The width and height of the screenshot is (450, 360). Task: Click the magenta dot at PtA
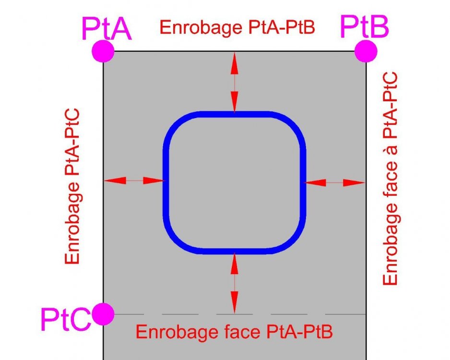click(103, 51)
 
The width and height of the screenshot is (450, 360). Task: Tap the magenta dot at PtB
click(366, 51)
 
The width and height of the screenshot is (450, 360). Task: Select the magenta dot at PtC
click(103, 314)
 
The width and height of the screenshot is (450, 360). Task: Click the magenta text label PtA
click(107, 29)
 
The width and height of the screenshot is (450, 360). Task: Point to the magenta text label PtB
click(364, 27)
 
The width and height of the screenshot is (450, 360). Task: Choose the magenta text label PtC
click(66, 319)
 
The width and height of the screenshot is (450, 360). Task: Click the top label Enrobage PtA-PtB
click(237, 27)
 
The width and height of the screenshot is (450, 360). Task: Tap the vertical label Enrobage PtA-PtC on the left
click(72, 186)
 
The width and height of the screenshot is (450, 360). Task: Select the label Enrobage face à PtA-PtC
click(391, 179)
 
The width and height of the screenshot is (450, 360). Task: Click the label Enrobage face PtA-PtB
click(234, 332)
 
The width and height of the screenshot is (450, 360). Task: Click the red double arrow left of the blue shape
click(134, 180)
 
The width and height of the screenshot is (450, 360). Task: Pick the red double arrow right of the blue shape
click(334, 182)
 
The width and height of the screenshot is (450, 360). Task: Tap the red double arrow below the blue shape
click(235, 283)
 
